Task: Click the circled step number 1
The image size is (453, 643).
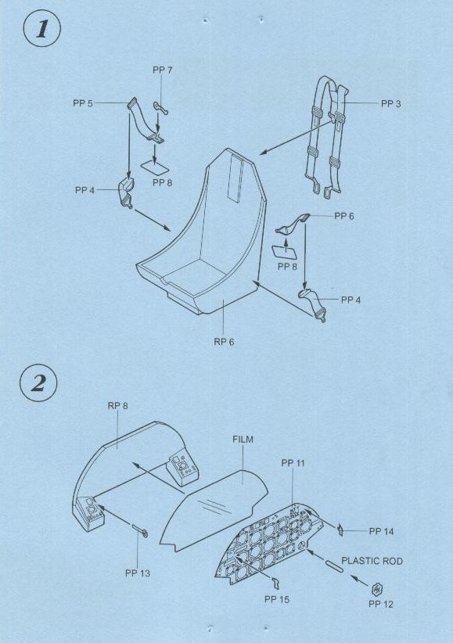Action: click(x=42, y=29)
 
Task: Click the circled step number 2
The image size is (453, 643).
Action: click(x=38, y=383)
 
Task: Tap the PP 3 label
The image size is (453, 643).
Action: click(x=390, y=104)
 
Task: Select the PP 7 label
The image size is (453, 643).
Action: click(x=163, y=70)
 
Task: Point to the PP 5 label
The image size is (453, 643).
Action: click(x=83, y=103)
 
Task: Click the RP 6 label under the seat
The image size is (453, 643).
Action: click(x=224, y=342)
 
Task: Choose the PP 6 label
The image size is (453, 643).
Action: click(x=343, y=216)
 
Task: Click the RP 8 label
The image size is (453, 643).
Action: click(x=118, y=406)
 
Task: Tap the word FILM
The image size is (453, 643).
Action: click(x=243, y=440)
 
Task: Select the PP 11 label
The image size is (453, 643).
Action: click(x=293, y=463)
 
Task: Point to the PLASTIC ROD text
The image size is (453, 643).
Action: click(x=372, y=561)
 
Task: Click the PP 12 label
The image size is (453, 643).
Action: click(x=381, y=604)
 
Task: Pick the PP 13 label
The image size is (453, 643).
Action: click(x=138, y=573)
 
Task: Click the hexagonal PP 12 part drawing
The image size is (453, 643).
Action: click(x=377, y=589)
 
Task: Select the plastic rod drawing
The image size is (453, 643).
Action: click(x=333, y=565)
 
